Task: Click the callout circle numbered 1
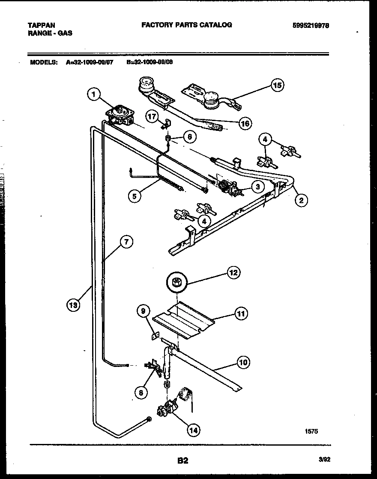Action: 94,94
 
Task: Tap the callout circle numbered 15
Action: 277,86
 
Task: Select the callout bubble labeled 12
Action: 233,272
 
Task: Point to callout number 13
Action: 74,305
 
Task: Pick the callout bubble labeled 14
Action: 193,430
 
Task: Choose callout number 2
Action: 302,200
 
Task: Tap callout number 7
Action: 125,242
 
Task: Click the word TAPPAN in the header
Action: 41,25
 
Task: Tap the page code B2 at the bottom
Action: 183,461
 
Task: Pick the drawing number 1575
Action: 311,432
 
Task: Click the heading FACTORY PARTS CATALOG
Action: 186,25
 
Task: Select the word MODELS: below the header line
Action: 44,62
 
